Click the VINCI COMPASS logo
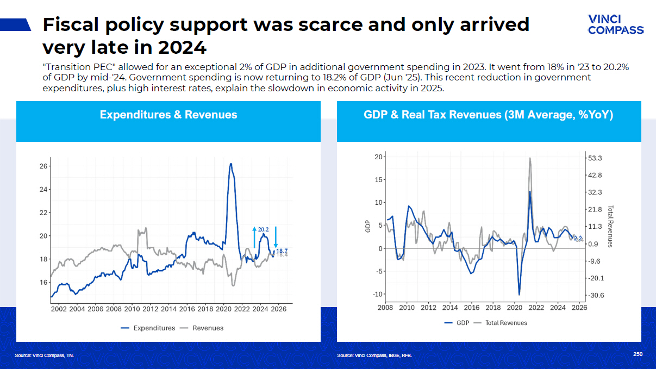click(x=616, y=25)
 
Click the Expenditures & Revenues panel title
click(x=168, y=115)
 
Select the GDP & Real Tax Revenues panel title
click(x=488, y=115)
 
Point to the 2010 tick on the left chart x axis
click(x=132, y=309)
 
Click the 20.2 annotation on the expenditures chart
click(x=264, y=230)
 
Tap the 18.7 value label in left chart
click(x=282, y=251)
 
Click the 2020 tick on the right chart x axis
click(x=514, y=308)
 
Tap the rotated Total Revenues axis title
click(x=610, y=226)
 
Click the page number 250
click(x=638, y=354)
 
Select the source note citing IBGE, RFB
click(x=374, y=355)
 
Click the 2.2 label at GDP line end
click(x=578, y=239)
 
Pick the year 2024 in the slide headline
click(x=183, y=47)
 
